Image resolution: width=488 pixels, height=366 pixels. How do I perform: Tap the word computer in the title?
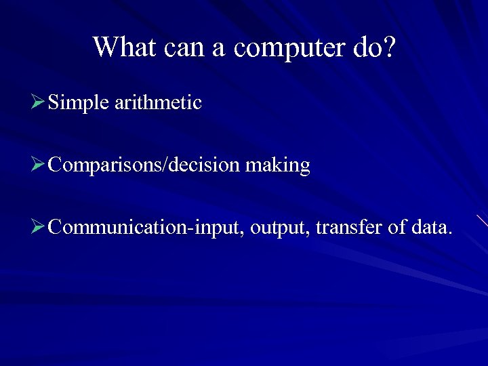[289, 48]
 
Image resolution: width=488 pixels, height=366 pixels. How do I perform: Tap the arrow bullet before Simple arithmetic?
[38, 103]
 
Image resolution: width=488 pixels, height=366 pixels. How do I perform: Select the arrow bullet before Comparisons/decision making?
[38, 165]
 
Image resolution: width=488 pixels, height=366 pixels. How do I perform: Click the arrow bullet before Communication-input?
[38, 226]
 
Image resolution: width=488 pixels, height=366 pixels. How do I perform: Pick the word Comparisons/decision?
[144, 165]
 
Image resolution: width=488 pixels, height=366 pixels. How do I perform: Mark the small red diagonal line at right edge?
[482, 220]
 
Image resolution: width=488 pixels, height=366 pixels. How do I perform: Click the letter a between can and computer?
[224, 49]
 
